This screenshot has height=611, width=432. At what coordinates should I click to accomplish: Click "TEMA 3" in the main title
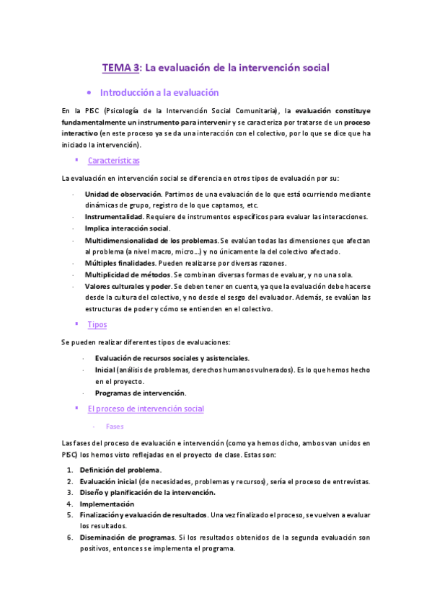pos(120,68)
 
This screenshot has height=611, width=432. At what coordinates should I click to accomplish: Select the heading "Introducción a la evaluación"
pos(159,93)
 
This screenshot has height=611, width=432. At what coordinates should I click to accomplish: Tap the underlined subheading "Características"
pos(113,161)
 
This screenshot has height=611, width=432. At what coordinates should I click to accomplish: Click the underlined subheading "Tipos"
pos(97,324)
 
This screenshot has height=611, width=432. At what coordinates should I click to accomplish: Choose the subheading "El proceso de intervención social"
pos(146,409)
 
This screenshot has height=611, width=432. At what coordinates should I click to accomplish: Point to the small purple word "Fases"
pos(114,426)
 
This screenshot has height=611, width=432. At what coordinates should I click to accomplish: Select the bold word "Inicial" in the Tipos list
pos(105,370)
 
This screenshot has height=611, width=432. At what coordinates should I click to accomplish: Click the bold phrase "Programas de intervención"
pos(140,393)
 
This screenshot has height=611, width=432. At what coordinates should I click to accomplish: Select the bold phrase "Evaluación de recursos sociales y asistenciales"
pos(172,358)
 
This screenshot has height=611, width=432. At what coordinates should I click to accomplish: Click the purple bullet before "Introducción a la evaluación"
pos(87,94)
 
